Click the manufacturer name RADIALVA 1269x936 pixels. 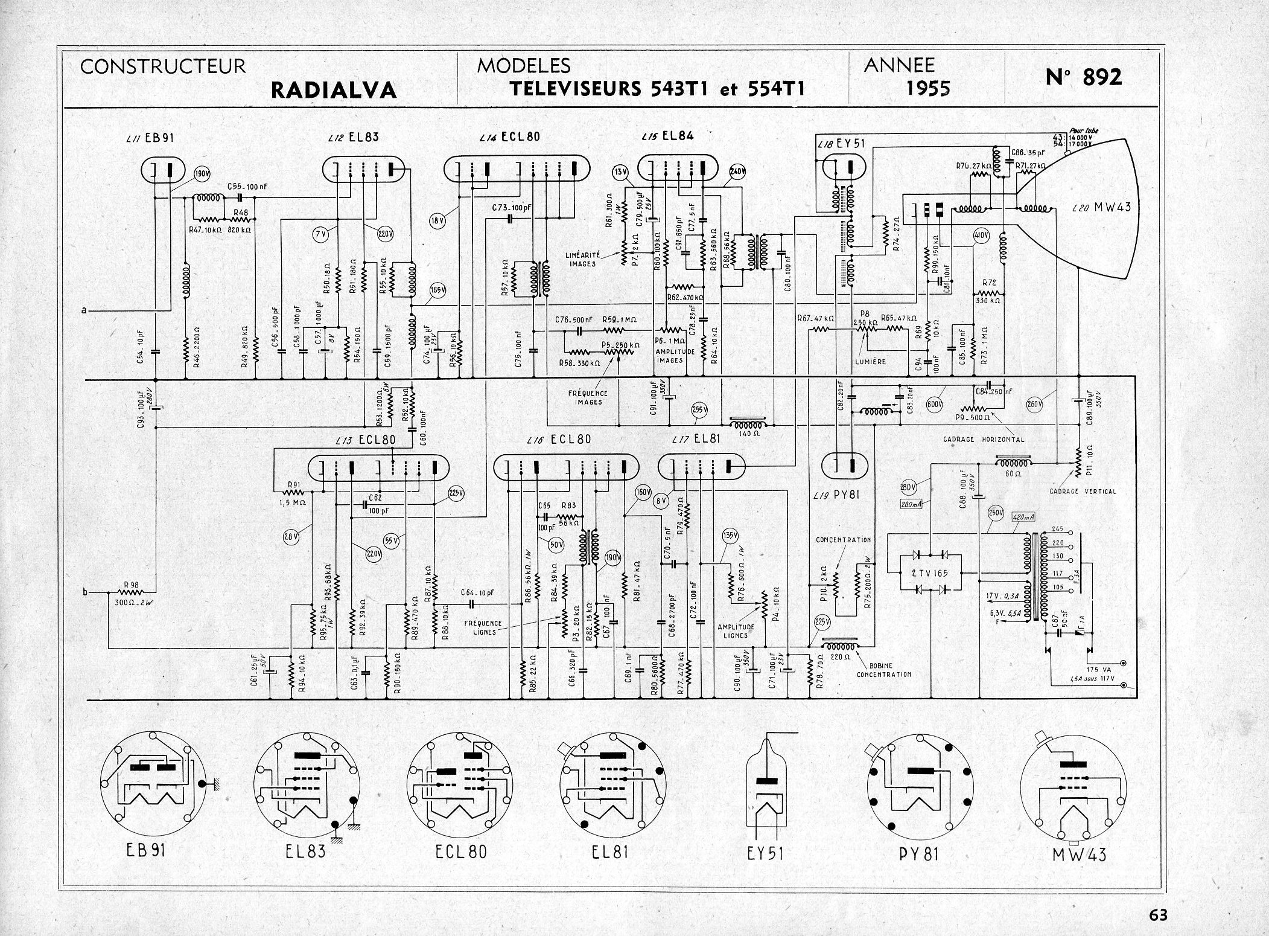coord(334,90)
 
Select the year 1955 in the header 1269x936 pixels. coord(928,89)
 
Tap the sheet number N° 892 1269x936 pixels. coord(1084,77)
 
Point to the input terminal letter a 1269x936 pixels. coord(85,310)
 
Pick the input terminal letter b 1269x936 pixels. coord(85,592)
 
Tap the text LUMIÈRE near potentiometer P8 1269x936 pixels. coord(870,361)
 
